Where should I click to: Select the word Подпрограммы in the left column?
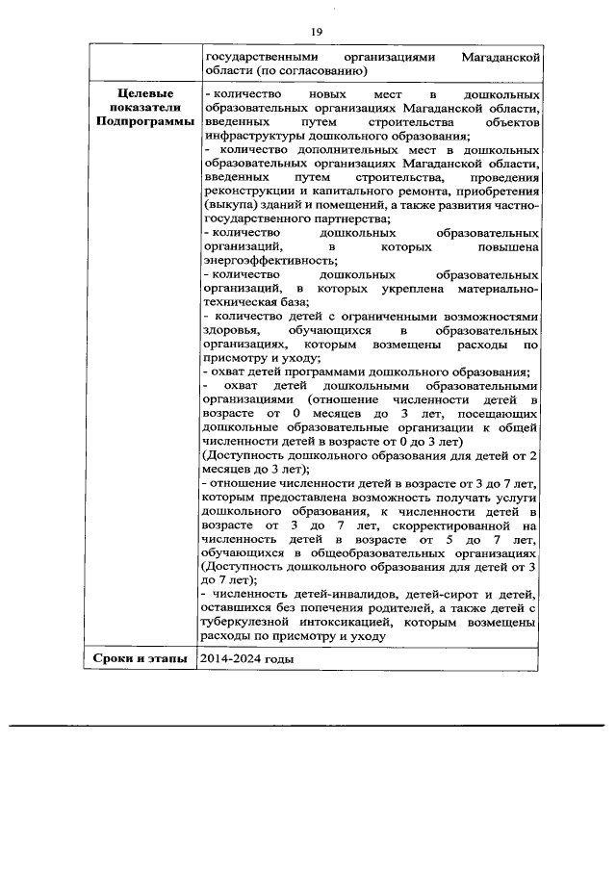144,123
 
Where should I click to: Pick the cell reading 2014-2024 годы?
246,659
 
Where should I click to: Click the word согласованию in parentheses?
321,72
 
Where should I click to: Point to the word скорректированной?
449,526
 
